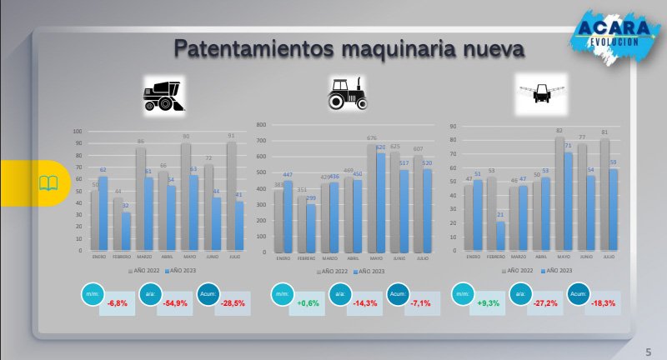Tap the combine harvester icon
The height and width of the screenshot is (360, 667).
(x=164, y=93)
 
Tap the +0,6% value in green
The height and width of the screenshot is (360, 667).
(x=309, y=302)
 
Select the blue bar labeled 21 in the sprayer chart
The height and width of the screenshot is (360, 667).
(x=500, y=236)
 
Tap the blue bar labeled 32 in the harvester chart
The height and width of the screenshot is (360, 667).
(x=125, y=232)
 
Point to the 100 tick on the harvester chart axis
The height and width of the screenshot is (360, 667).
(x=78, y=131)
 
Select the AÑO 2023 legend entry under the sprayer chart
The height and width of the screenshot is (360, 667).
(x=556, y=271)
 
